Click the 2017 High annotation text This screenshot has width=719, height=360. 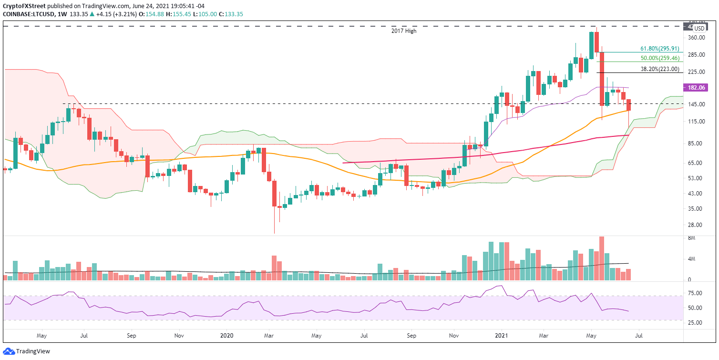tap(398, 31)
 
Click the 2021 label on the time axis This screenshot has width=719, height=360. tap(498, 335)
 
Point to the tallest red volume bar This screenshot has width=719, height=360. tap(602, 258)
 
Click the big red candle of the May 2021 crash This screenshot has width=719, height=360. tap(602, 78)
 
